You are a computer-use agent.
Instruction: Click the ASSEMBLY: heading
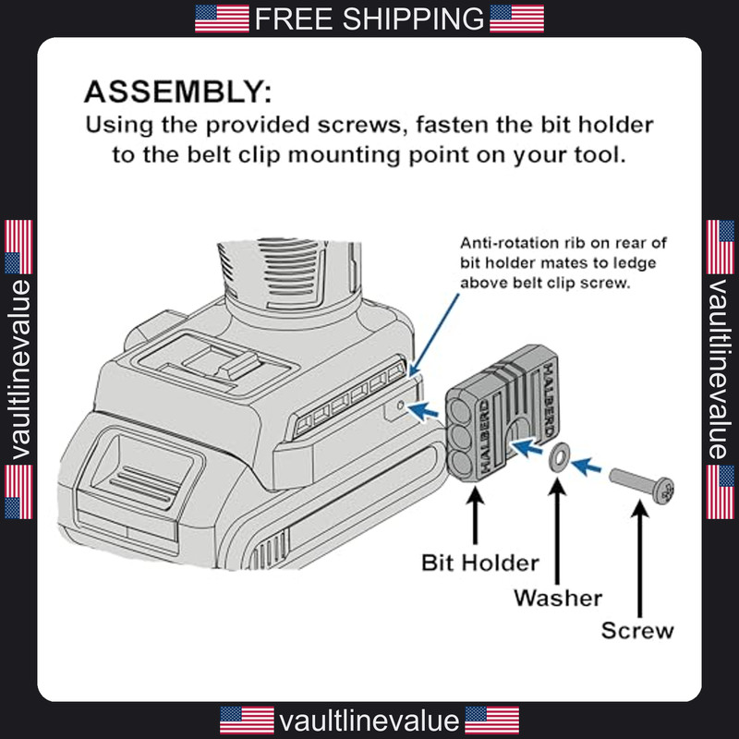(177, 91)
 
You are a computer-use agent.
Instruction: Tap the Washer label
(558, 598)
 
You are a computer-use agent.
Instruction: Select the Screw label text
(637, 631)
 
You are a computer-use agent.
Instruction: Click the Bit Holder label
(479, 563)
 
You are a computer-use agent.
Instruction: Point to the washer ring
(559, 457)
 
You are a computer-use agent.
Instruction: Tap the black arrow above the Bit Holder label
(475, 515)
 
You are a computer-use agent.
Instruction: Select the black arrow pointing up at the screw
(639, 559)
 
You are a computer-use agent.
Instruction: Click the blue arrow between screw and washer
(587, 466)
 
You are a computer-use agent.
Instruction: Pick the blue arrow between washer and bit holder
(527, 446)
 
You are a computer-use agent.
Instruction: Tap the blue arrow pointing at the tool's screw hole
(423, 411)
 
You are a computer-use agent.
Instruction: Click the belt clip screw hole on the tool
(401, 406)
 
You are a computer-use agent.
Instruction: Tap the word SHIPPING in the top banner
(413, 18)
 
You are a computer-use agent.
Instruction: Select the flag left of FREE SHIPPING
(222, 18)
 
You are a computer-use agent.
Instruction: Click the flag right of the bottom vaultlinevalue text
(492, 721)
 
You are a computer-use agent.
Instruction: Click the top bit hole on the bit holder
(459, 411)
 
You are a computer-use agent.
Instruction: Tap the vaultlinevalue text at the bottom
(369, 721)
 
